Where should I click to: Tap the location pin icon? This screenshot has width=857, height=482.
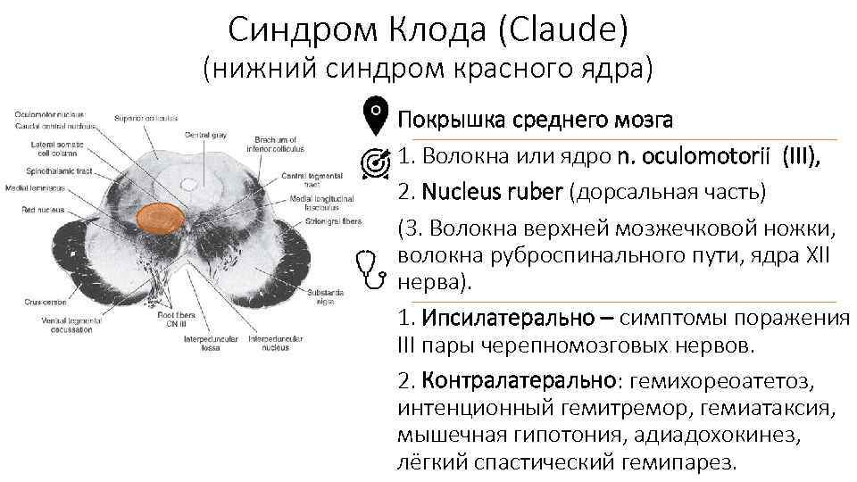click(378, 115)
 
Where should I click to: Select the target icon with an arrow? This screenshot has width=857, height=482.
click(378, 161)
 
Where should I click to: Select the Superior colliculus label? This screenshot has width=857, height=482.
click(146, 118)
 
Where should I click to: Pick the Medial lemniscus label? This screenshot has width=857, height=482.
click(32, 188)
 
